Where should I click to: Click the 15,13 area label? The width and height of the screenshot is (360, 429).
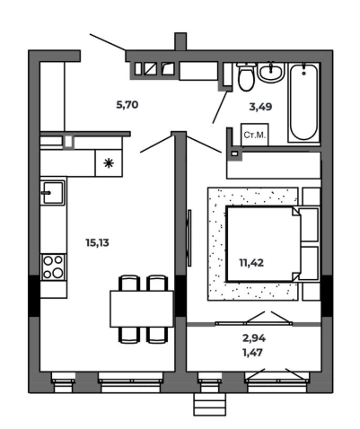click(97, 243)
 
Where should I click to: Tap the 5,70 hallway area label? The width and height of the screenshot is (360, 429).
click(127, 105)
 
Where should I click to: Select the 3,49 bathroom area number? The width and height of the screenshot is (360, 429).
click(260, 107)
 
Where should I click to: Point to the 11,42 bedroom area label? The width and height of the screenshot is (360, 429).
click(251, 263)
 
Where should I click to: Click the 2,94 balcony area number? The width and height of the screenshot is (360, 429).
click(254, 338)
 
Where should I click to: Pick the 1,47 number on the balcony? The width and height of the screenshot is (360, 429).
click(252, 353)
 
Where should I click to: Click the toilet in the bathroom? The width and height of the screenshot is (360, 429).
click(246, 76)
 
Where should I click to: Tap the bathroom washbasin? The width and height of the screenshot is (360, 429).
click(270, 72)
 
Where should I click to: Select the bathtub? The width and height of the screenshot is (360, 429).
click(304, 102)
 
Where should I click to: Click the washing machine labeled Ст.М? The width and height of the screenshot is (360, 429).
click(255, 135)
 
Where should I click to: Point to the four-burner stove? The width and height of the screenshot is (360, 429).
click(53, 267)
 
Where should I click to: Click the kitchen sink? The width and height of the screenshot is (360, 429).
click(53, 192)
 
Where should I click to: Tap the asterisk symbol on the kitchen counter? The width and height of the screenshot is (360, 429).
click(109, 163)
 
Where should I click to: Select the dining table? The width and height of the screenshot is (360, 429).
click(142, 309)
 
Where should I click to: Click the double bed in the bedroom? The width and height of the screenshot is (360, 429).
click(263, 244)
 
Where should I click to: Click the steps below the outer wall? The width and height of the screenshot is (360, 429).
click(209, 404)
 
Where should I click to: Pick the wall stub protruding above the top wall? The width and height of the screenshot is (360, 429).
click(180, 41)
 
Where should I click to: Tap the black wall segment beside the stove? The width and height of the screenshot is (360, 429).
click(34, 295)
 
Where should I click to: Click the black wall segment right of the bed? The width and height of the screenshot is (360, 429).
click(327, 295)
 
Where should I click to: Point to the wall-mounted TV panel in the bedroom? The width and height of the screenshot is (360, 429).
click(189, 238)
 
